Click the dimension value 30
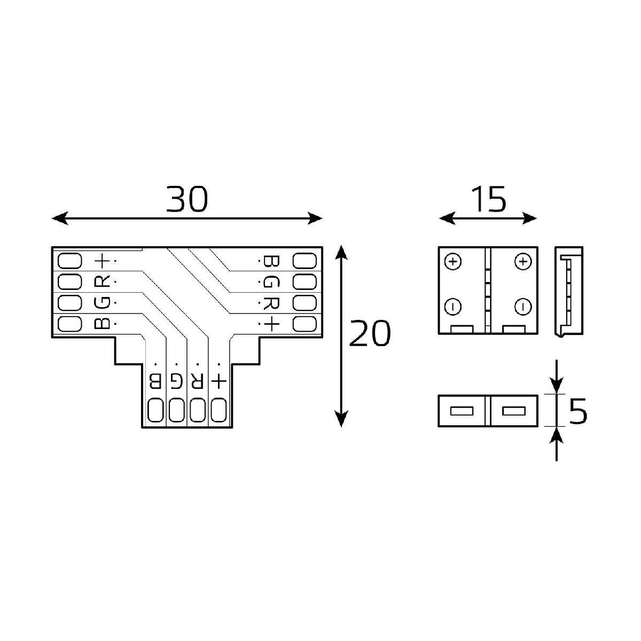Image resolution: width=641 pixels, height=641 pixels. point(186,199)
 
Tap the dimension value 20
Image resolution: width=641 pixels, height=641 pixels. point(370,334)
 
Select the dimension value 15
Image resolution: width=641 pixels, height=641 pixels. point(488,199)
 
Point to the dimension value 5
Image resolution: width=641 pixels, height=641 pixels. point(578,411)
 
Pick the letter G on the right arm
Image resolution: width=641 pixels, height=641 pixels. point(271,282)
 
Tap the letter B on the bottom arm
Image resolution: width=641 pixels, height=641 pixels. point(155,380)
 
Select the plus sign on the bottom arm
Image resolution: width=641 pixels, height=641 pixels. point(219,380)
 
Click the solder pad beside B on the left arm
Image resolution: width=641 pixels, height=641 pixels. point(69,323)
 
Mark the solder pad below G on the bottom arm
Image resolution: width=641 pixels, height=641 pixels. point(176,410)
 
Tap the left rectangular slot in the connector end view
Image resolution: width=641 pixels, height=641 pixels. point(463,411)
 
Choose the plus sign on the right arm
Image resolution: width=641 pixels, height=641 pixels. point(271,323)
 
